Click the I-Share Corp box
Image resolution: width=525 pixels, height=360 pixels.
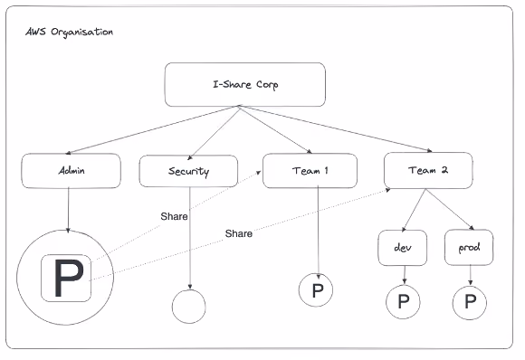(245, 85)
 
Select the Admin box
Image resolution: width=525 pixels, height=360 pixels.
(71, 171)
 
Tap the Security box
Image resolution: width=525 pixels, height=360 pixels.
(188, 171)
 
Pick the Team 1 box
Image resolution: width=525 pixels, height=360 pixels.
(310, 171)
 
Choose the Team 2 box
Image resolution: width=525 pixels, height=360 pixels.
(428, 170)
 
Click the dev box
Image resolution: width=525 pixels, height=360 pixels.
(403, 248)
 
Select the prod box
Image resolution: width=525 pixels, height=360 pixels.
(469, 247)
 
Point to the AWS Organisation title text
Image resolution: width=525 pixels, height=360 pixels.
(70, 33)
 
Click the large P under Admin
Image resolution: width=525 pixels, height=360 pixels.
(69, 278)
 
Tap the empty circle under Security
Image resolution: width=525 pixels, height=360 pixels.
(189, 307)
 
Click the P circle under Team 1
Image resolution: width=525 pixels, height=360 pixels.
(316, 289)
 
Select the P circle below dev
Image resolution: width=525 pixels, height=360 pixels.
(403, 302)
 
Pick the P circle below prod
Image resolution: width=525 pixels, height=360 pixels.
(470, 302)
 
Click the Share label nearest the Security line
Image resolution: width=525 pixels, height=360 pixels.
(174, 216)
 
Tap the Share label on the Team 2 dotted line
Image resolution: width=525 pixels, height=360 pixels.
(239, 233)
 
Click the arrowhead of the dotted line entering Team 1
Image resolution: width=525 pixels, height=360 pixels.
(259, 172)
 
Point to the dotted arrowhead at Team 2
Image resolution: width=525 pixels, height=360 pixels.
(388, 190)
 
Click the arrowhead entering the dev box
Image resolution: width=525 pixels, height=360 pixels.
(404, 229)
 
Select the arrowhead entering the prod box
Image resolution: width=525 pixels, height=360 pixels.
(472, 228)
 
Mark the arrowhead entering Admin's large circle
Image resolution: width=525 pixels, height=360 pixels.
(68, 230)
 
